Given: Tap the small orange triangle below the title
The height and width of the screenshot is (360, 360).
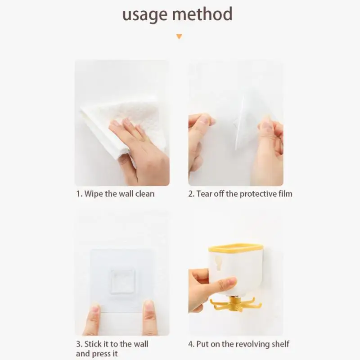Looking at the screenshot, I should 180,36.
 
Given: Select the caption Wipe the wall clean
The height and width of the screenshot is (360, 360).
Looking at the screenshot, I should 115,194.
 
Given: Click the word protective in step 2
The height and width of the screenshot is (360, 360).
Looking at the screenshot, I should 252,194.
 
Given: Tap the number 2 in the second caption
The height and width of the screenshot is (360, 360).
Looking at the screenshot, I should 191,194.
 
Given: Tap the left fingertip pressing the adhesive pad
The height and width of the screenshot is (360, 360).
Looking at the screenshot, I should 94,310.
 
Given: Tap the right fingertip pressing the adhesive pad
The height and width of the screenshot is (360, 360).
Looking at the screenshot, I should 148,309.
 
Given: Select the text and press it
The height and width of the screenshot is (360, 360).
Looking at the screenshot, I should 97,354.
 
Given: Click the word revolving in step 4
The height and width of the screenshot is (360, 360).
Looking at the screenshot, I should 252,344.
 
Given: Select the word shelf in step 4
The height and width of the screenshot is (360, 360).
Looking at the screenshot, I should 280,344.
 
